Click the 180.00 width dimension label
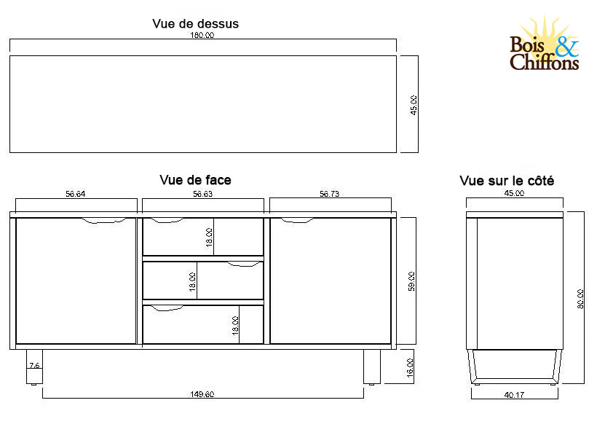[x=202, y=35]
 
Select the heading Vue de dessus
[x=195, y=23]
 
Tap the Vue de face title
[x=195, y=180]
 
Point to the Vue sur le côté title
[x=507, y=181]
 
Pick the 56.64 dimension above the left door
[x=76, y=194]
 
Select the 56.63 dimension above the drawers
[x=202, y=194]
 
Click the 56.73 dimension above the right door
[x=329, y=194]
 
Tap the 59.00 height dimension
[x=411, y=281]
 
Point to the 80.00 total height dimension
[x=580, y=299]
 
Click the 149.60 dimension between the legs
[x=202, y=394]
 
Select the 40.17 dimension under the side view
[x=514, y=395]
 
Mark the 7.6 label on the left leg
[x=34, y=365]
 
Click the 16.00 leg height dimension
[x=410, y=368]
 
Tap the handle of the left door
[x=103, y=220]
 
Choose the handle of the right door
[x=297, y=220]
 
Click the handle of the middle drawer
[x=244, y=264]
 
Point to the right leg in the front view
[x=371, y=367]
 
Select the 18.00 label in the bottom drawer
[x=235, y=326]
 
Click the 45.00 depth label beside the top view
[x=414, y=105]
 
